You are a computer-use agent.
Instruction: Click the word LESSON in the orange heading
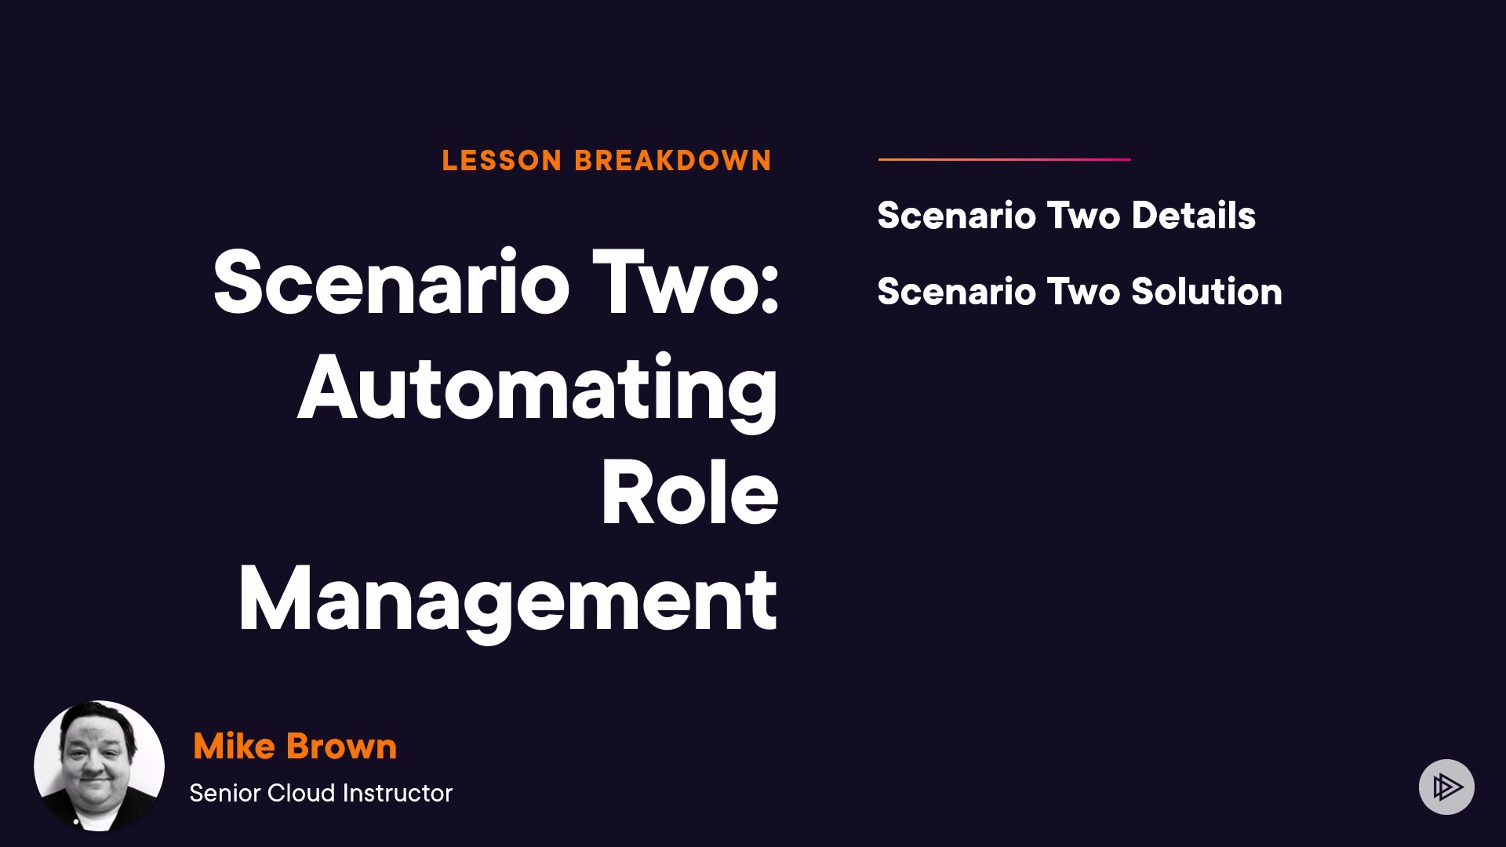pos(502,161)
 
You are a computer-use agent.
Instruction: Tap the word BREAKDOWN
pos(673,161)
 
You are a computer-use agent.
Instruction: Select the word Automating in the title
pos(538,390)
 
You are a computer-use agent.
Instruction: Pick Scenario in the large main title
pos(391,282)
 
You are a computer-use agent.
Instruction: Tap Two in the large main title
pos(686,282)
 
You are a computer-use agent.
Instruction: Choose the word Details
pos(1194,216)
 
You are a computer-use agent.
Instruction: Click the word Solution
pos(1207,292)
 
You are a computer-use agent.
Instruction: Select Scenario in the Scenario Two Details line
pos(957,216)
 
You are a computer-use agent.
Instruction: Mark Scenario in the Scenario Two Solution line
pos(957,292)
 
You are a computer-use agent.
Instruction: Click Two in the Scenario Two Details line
pos(1084,216)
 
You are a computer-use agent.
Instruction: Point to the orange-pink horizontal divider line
pos(1005,159)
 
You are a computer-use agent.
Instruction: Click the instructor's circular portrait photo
pos(99,765)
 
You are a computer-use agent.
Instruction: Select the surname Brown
pos(342,746)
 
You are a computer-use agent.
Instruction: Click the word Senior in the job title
pos(225,793)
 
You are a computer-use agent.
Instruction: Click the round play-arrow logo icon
pos(1446,787)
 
